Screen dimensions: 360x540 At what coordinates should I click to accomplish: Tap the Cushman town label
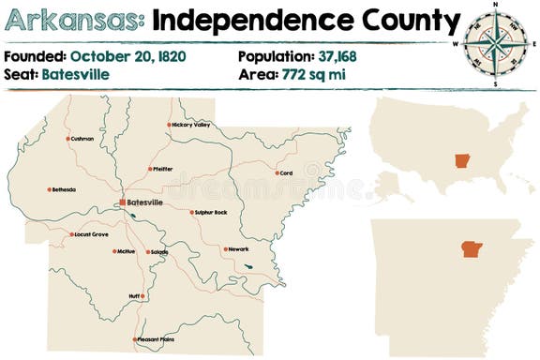click(x=82, y=139)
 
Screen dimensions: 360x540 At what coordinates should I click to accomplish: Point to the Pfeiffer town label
click(x=162, y=169)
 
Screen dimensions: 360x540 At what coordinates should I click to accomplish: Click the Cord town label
click(x=286, y=172)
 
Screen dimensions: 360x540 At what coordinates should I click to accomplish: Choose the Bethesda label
click(x=65, y=189)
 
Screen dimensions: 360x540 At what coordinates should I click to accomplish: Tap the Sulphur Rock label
click(x=210, y=213)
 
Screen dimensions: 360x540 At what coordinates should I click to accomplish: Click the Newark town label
click(x=238, y=249)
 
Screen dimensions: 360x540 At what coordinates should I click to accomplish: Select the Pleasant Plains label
click(x=156, y=339)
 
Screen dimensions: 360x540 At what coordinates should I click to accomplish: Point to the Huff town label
click(x=135, y=296)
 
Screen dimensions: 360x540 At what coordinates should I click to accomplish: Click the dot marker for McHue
click(x=114, y=251)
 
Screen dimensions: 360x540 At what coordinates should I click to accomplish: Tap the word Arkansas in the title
click(x=74, y=21)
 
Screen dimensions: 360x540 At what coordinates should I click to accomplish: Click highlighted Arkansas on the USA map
click(x=460, y=159)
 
